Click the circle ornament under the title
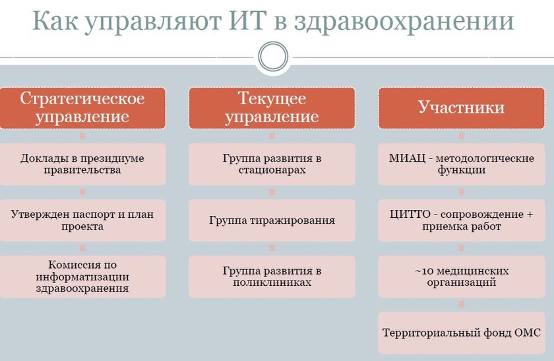point(273,57)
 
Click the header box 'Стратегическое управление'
point(82,108)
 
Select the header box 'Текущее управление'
point(272,108)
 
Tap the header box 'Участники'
point(462,108)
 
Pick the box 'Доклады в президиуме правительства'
point(82,164)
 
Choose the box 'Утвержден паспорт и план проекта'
point(82,220)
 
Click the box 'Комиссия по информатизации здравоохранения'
point(82,277)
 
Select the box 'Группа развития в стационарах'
point(272,164)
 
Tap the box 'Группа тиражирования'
point(272,220)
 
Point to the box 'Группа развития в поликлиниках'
point(272,277)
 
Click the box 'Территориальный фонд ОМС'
point(462,333)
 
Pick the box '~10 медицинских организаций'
point(462,277)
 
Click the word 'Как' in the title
point(55,20)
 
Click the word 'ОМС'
point(528,333)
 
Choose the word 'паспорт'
point(92,215)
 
